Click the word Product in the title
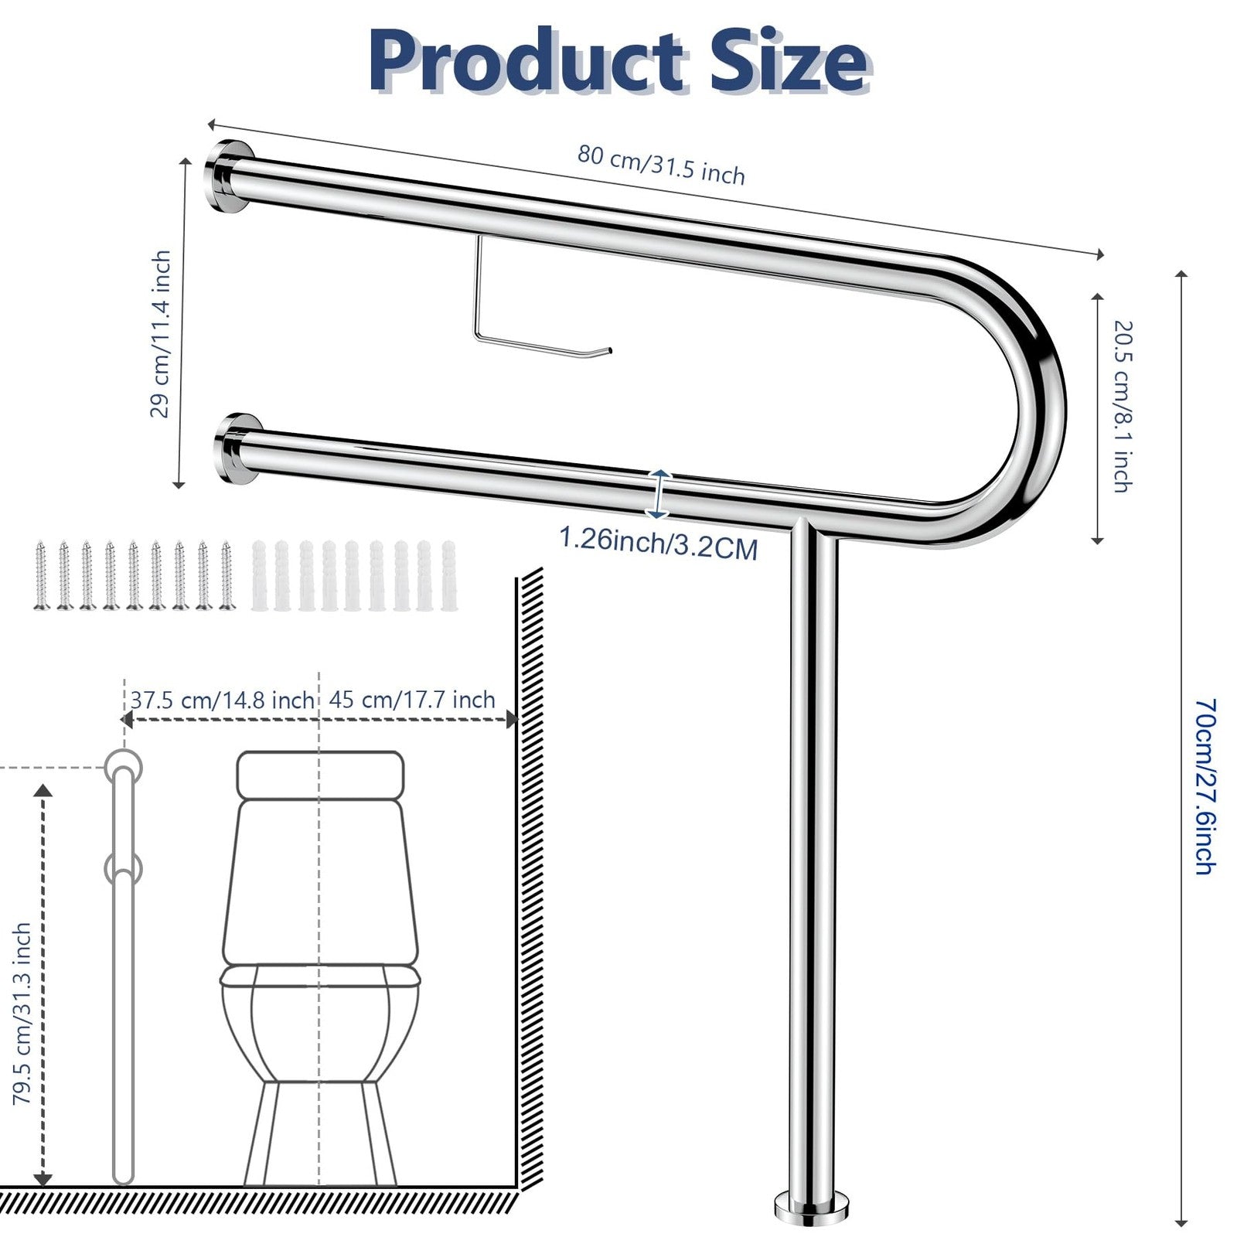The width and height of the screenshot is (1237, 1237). (x=526, y=62)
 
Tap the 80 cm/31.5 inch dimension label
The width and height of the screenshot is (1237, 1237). (x=661, y=165)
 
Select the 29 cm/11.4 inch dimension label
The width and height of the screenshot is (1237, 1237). (x=160, y=334)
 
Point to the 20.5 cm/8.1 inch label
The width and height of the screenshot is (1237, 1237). (x=1121, y=406)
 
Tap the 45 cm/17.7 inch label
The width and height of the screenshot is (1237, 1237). (x=412, y=700)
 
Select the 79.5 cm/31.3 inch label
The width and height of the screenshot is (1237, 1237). (x=22, y=1013)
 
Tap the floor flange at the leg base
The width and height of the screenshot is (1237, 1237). (x=811, y=1206)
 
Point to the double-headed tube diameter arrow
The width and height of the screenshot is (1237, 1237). (x=657, y=492)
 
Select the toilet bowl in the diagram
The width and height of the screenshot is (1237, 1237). (x=320, y=1028)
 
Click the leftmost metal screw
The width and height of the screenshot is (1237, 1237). (x=41, y=576)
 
